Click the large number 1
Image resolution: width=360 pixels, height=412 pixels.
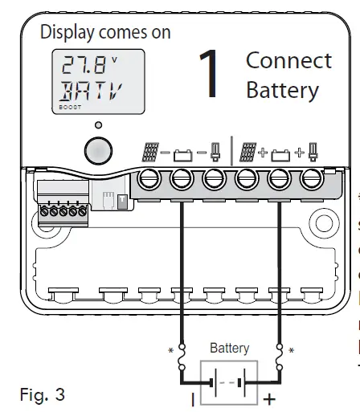(208, 75)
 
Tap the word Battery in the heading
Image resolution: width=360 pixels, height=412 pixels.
(282, 89)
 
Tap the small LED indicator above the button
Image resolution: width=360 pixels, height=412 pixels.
(99, 125)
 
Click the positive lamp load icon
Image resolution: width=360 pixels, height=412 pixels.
(312, 150)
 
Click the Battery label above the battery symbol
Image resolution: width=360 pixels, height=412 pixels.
(229, 349)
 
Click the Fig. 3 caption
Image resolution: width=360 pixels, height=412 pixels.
(41, 395)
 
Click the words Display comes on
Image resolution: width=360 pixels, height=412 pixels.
(105, 33)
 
